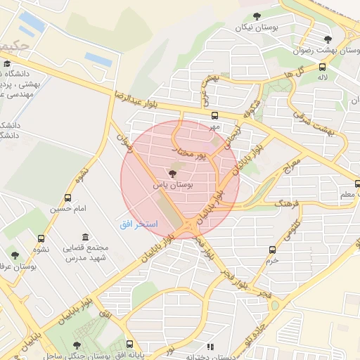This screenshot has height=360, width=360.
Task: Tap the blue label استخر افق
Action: [140, 223]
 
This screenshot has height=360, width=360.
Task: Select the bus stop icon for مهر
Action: [214, 116]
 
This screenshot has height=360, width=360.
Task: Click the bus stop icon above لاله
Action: [322, 67]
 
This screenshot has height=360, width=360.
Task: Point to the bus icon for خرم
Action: [272, 249]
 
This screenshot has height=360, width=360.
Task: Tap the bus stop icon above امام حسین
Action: [67, 198]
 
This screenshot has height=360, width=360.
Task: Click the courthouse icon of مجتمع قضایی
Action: [85, 237]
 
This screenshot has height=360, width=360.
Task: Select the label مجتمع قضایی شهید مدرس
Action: [84, 252]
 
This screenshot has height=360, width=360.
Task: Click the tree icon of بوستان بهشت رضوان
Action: [326, 39]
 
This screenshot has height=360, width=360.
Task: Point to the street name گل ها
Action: [304, 72]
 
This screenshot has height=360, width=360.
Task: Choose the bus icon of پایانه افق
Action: [130, 345]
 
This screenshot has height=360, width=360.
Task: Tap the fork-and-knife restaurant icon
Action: [210, 346]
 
